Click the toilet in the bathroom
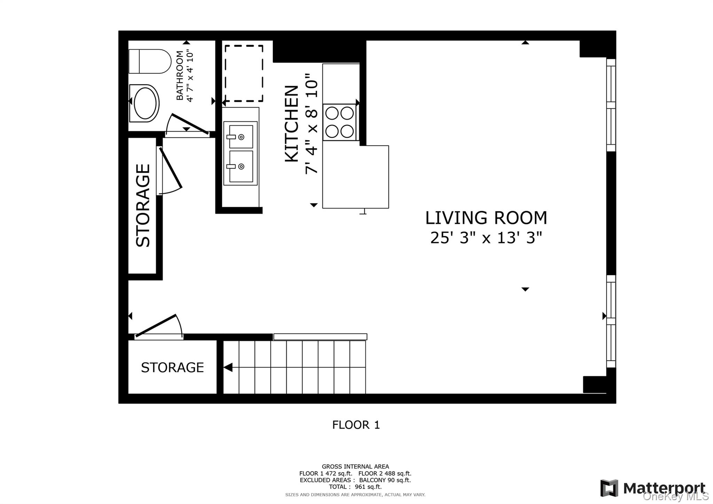[150, 61]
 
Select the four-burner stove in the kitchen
[340, 122]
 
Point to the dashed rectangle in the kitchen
[244, 73]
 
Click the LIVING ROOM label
[486, 218]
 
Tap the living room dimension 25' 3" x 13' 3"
[486, 238]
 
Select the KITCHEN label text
[292, 124]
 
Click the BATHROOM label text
[180, 75]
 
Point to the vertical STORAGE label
[143, 206]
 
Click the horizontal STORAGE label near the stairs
[172, 367]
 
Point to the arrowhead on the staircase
[228, 367]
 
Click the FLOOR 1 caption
[356, 425]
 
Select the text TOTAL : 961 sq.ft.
[355, 487]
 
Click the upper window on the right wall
[611, 105]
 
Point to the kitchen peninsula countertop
[355, 177]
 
